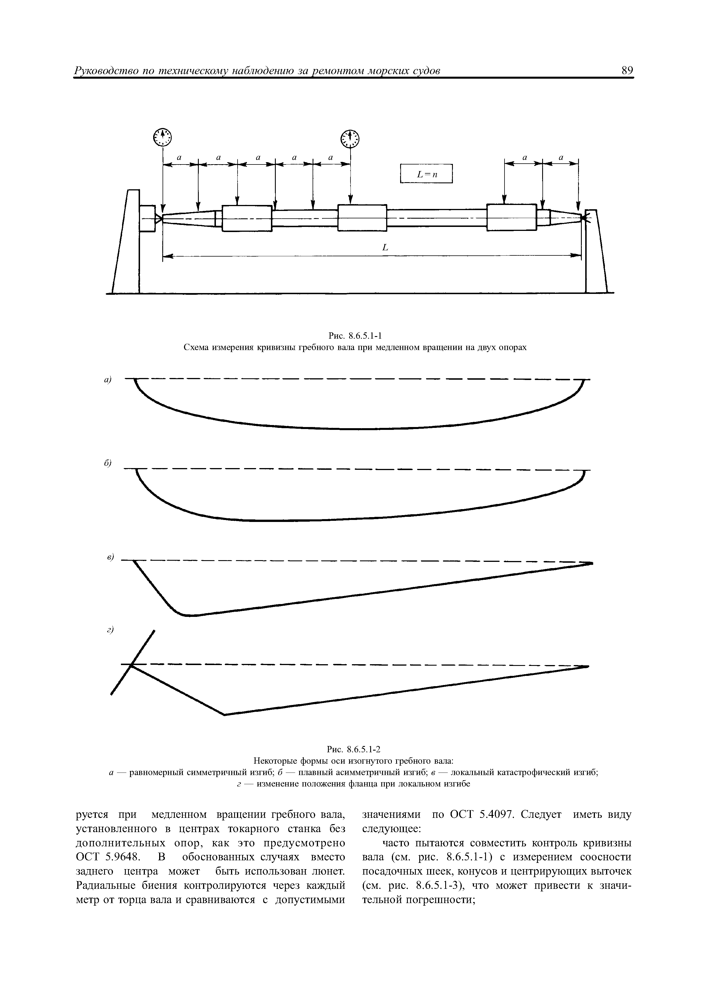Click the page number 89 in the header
pyautogui.click(x=627, y=71)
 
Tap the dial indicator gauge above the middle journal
pyautogui.click(x=351, y=139)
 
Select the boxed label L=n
pyautogui.click(x=426, y=174)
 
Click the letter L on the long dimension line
pyautogui.click(x=385, y=248)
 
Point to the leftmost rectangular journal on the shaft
pyautogui.click(x=247, y=218)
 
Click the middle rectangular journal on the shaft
pyautogui.click(x=362, y=218)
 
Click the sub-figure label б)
pyautogui.click(x=108, y=464)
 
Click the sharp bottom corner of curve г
pyautogui.click(x=224, y=714)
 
